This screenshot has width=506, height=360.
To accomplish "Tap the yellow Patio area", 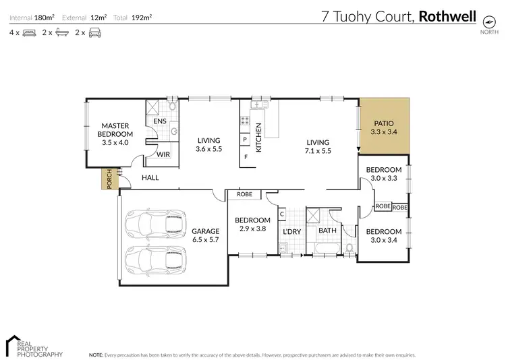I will coord(384,128).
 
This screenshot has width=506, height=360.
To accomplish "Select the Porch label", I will coord(107,179).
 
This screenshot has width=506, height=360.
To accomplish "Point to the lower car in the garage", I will coord(156,258).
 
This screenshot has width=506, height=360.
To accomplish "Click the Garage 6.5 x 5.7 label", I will coord(205,235).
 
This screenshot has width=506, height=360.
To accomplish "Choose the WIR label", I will coord(163,154).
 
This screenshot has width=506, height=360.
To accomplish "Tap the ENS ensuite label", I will coord(159,121).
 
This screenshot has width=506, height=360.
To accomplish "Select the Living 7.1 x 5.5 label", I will coord(317,146).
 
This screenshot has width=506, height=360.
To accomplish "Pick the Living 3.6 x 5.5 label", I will coord(209,144).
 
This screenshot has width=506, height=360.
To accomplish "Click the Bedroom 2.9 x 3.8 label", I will coord(252,224).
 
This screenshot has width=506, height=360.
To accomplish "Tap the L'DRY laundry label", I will coord(291,232).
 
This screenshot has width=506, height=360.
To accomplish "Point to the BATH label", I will coord(327,231).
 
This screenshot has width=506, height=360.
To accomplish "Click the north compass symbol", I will coord(486,20).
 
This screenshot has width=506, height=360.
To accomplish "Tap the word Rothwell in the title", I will coord(447,16).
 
